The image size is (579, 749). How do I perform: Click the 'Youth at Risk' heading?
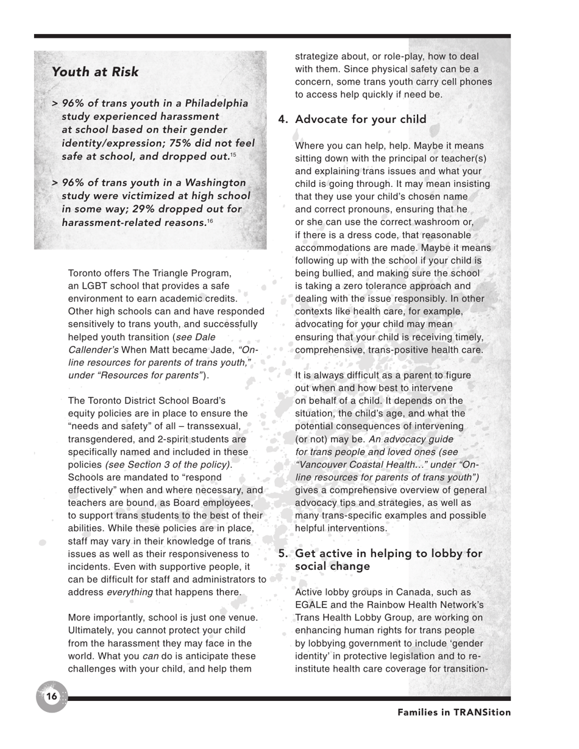pos(95,72)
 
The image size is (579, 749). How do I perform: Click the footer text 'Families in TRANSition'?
pos(454,712)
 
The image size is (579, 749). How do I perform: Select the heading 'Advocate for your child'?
pos(360,119)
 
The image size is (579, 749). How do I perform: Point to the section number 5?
pos(282,554)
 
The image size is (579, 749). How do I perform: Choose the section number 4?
pos(282,119)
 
